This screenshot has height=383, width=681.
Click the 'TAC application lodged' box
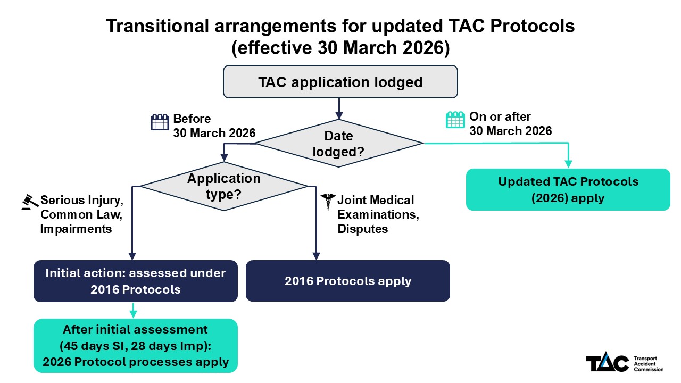(340, 82)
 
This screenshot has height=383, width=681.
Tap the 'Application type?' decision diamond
(223, 186)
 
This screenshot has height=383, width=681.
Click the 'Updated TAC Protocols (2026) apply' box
(568, 189)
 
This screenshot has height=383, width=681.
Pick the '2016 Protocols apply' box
(347, 281)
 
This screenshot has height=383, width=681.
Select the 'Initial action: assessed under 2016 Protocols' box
(135, 281)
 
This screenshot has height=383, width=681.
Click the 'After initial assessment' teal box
(135, 345)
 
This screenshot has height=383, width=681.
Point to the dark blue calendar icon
(160, 123)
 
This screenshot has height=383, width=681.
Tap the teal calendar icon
(455, 120)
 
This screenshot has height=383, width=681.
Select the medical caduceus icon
(327, 202)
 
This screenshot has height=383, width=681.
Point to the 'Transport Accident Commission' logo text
(649, 364)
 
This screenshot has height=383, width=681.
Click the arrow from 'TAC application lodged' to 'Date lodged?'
(338, 109)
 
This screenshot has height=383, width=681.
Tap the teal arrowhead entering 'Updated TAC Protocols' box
(569, 164)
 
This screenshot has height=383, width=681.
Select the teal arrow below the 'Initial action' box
(132, 310)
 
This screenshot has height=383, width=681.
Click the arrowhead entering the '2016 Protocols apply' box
(317, 255)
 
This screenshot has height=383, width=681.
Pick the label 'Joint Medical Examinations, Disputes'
(376, 214)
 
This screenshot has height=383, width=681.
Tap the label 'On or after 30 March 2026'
(510, 123)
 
